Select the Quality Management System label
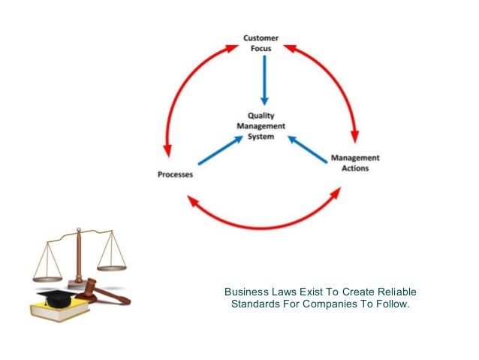click(261, 126)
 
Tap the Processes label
click(175, 174)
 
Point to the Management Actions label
click(355, 163)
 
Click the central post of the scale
click(78, 256)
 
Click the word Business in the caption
click(245, 292)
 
